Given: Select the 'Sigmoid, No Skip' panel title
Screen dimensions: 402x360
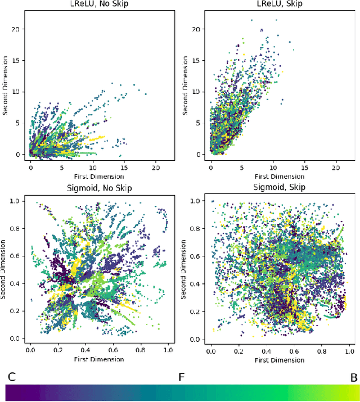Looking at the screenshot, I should pyautogui.click(x=98, y=187).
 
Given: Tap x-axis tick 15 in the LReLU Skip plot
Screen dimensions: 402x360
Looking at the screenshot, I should pyautogui.click(x=305, y=168).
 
